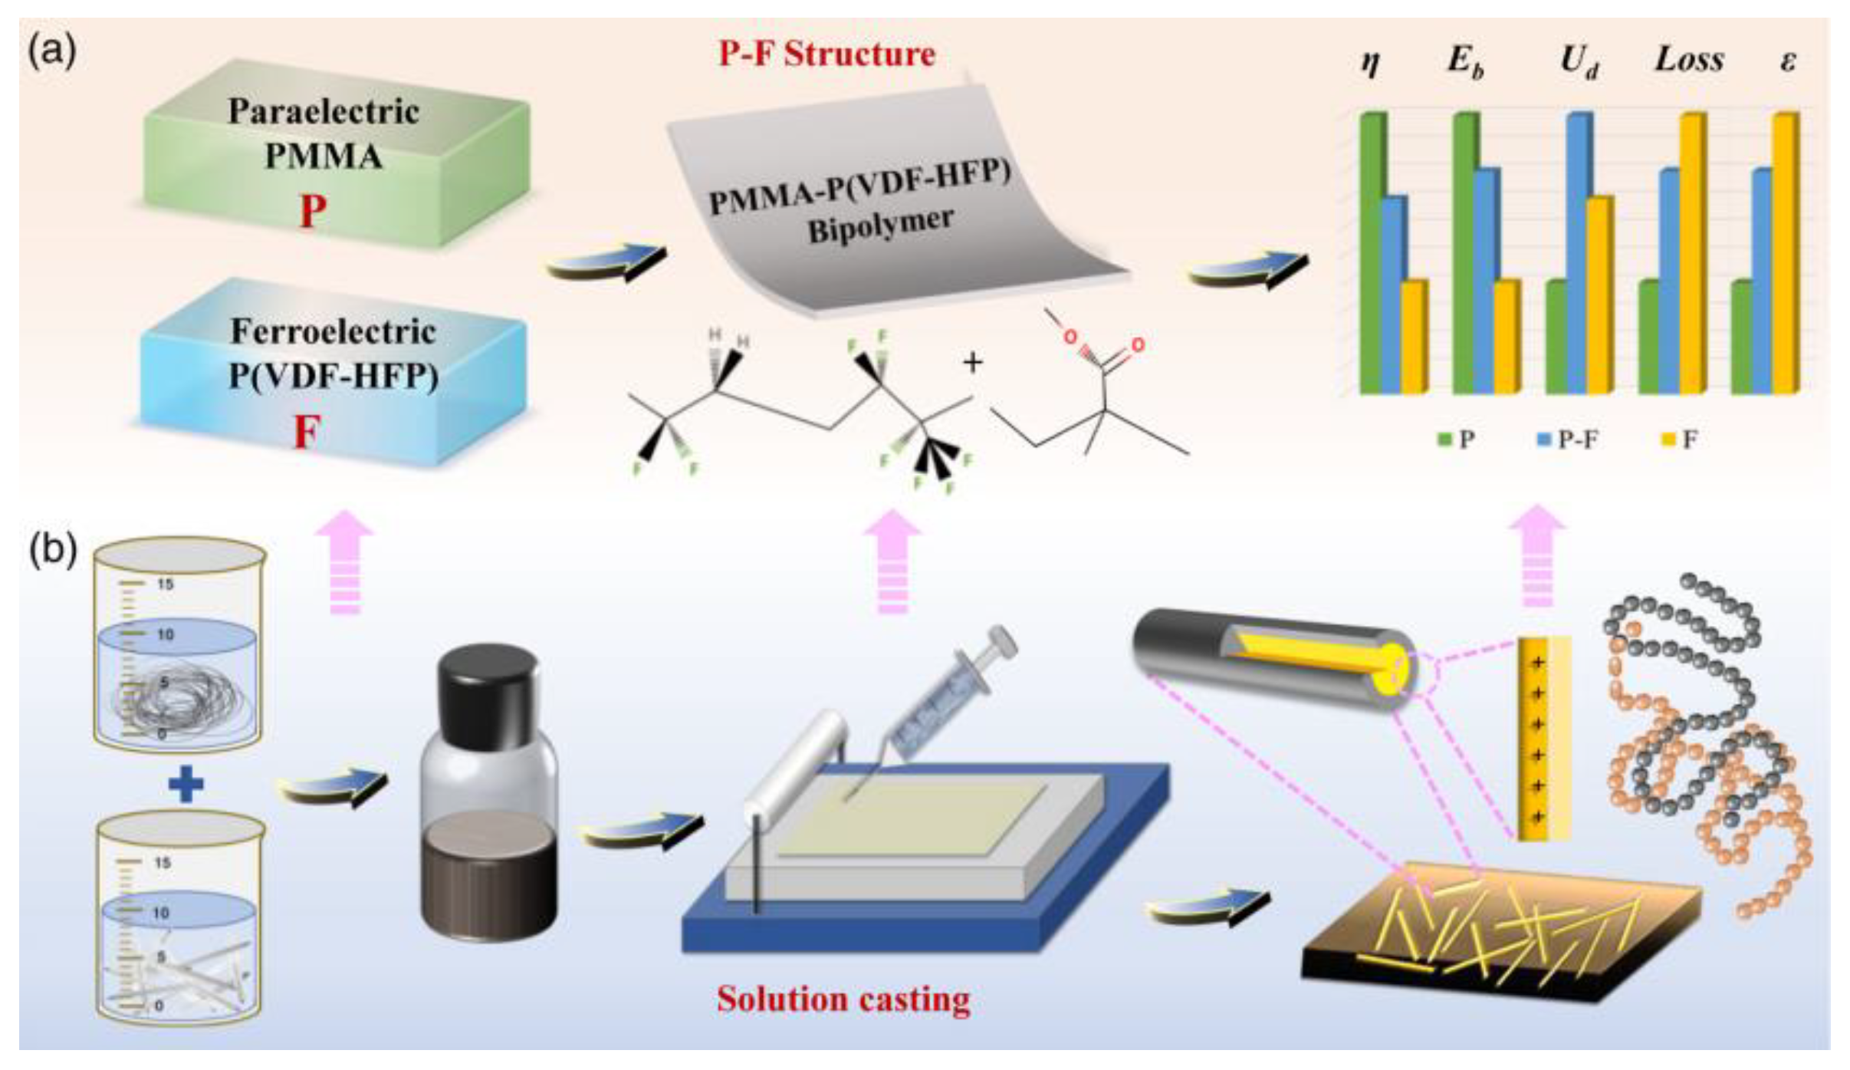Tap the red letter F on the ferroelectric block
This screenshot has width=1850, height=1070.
(x=306, y=431)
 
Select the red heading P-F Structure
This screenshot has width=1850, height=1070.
(x=826, y=54)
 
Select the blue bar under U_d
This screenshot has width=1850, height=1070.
(x=1578, y=253)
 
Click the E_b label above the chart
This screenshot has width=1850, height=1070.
(x=1465, y=61)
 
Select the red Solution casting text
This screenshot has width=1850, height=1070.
(x=843, y=999)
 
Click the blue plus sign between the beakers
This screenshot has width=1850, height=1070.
(x=186, y=786)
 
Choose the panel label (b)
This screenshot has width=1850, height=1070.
(x=52, y=550)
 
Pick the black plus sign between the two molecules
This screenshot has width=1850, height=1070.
(x=972, y=362)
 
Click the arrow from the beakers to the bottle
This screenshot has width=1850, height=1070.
(x=334, y=786)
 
